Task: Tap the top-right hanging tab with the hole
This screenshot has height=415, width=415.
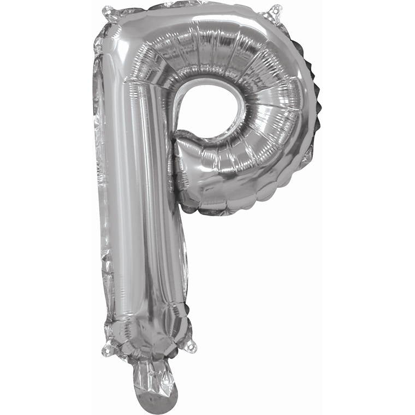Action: [276, 11]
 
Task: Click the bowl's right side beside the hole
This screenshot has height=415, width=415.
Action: [273, 109]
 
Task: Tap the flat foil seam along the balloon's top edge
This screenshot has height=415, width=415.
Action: [197, 7]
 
